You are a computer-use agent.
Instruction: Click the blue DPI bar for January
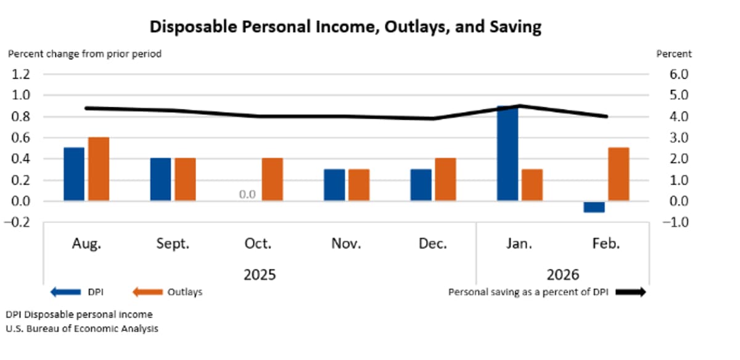click(508, 153)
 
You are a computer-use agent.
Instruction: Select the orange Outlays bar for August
click(98, 169)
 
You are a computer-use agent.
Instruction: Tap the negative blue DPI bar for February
click(594, 207)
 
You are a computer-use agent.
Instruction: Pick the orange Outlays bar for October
click(272, 179)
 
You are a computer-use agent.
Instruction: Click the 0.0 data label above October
click(247, 195)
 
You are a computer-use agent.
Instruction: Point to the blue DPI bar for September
click(160, 179)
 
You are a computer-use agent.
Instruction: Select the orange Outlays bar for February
click(619, 174)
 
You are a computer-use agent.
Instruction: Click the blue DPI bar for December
click(421, 185)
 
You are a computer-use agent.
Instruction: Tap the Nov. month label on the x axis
click(346, 243)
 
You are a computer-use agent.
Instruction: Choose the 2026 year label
click(562, 274)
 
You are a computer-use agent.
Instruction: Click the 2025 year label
click(259, 274)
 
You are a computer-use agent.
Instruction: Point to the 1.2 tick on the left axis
click(20, 75)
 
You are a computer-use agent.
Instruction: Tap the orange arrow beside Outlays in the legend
click(147, 292)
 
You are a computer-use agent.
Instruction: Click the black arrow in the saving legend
click(630, 292)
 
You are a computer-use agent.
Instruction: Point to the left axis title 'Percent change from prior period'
click(84, 54)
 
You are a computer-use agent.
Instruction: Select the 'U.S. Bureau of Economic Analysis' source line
click(82, 329)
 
